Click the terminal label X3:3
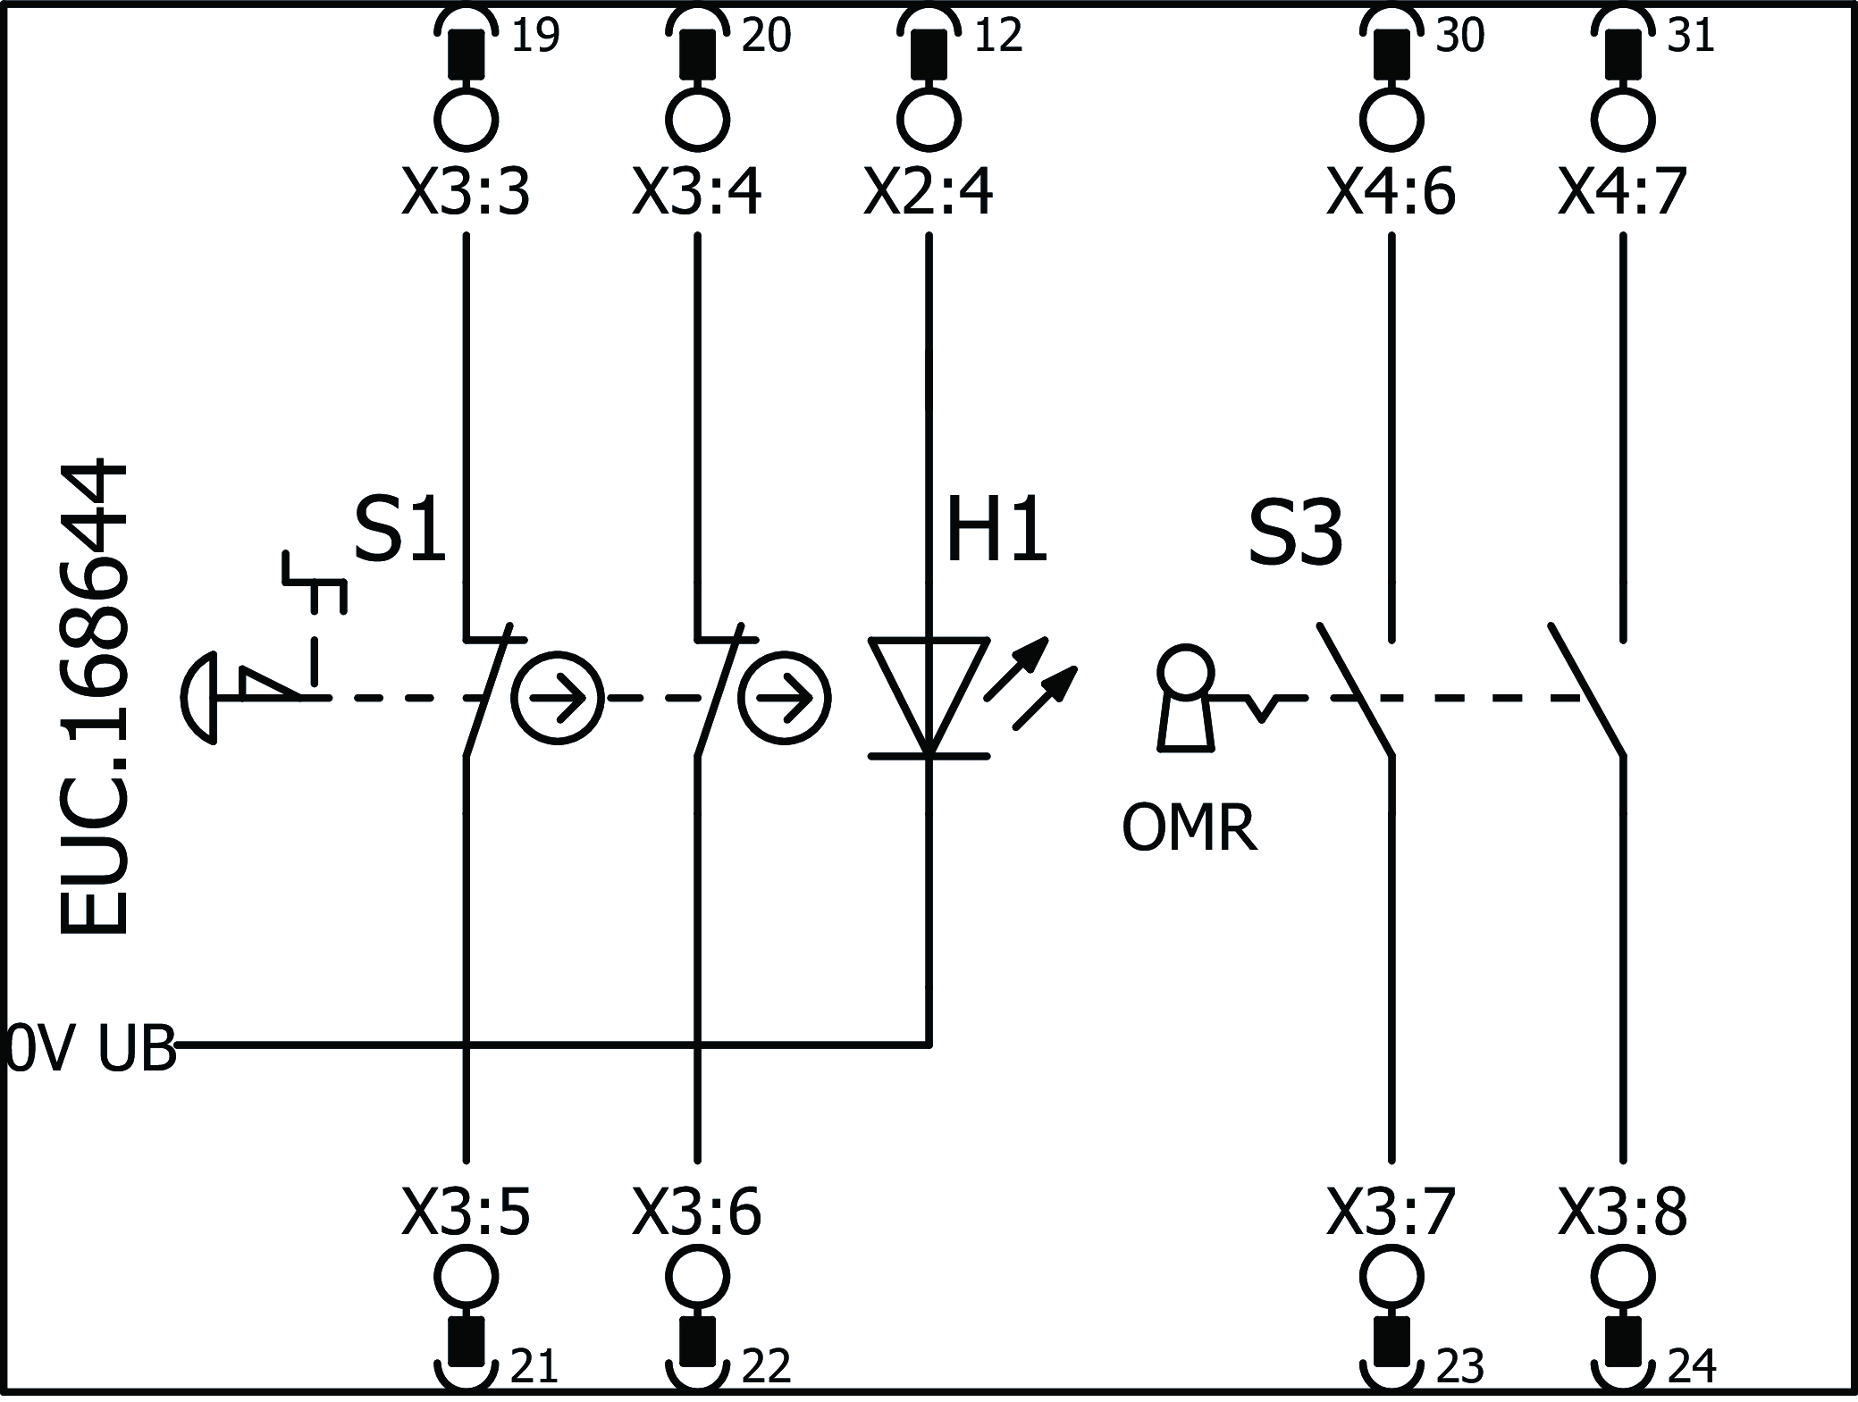pos(466,193)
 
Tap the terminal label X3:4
pos(697,193)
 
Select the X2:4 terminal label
pos(928,193)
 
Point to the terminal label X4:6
pos(1391,193)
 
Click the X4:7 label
pos(1622,193)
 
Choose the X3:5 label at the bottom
pos(466,1213)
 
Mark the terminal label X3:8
pos(1622,1213)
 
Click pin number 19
pos(534,36)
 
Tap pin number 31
pos(1690,36)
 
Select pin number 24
pos(1691,1366)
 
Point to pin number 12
pos(997,36)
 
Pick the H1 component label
pos(996,533)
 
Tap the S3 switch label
pos(1295,534)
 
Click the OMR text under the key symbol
pos(1189,828)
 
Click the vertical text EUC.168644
pos(94,697)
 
